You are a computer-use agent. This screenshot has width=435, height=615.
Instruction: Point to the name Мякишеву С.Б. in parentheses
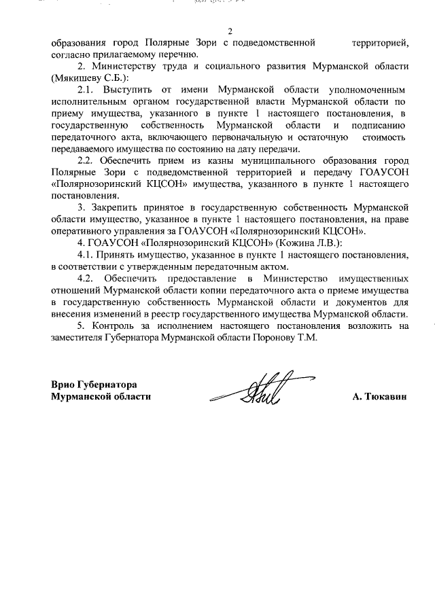tap(89, 78)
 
